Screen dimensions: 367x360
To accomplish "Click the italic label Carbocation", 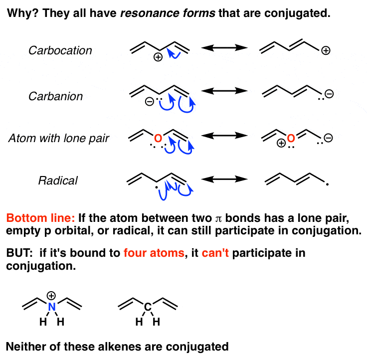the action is click(60, 50).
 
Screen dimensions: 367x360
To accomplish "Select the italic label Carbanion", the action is click(55, 96).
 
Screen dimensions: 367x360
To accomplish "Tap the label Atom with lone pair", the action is click(59, 138).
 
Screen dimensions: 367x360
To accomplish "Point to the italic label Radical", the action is click(58, 180).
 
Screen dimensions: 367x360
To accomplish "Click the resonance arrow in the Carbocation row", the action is click(224, 48).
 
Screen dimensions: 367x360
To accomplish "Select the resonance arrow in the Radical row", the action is click(224, 180).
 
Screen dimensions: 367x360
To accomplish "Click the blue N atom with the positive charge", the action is click(52, 307).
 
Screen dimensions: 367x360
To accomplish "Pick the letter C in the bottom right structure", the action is click(148, 307).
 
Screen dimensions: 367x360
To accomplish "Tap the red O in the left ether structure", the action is click(158, 138).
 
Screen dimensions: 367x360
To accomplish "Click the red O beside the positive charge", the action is click(291, 138).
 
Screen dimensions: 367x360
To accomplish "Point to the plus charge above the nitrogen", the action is click(51, 295).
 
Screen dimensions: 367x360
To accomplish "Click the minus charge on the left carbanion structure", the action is click(149, 102).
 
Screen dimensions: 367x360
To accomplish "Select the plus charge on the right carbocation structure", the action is click(326, 50).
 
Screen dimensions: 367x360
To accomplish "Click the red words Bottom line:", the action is click(40, 218).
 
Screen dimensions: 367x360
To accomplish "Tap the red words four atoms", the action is click(154, 253).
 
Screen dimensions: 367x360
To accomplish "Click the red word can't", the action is click(215, 253).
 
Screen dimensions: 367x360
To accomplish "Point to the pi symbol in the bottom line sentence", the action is click(218, 219).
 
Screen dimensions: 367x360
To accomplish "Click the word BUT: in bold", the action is click(19, 253).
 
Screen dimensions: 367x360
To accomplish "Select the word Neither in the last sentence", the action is click(26, 347).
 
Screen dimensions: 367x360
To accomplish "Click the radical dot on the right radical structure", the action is click(327, 184).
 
